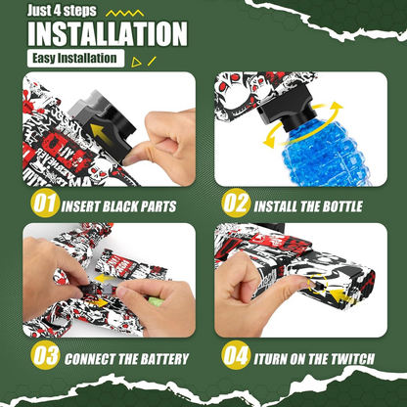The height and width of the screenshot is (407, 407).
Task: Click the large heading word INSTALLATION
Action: [x=107, y=33]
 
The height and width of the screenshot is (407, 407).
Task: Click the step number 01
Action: [x=42, y=206]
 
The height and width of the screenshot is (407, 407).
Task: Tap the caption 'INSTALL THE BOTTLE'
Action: [x=307, y=207]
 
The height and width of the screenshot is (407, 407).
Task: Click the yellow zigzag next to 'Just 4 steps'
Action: [x=122, y=11]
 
